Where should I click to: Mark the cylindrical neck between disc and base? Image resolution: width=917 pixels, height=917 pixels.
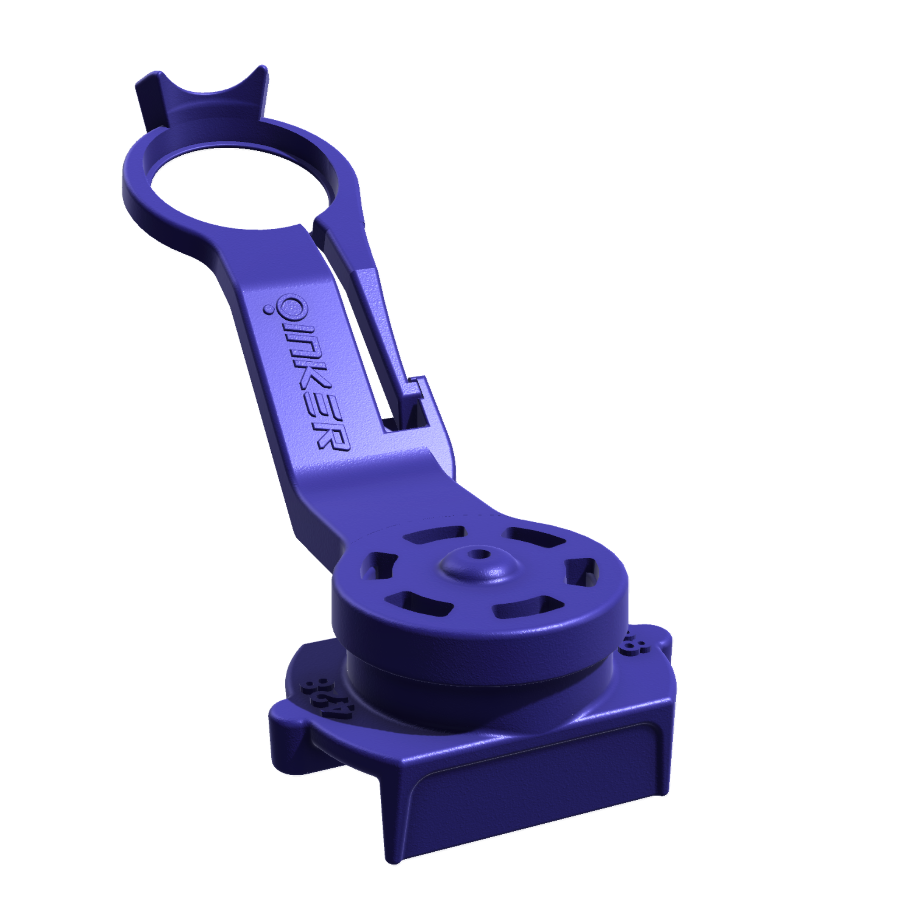[x=475, y=684]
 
